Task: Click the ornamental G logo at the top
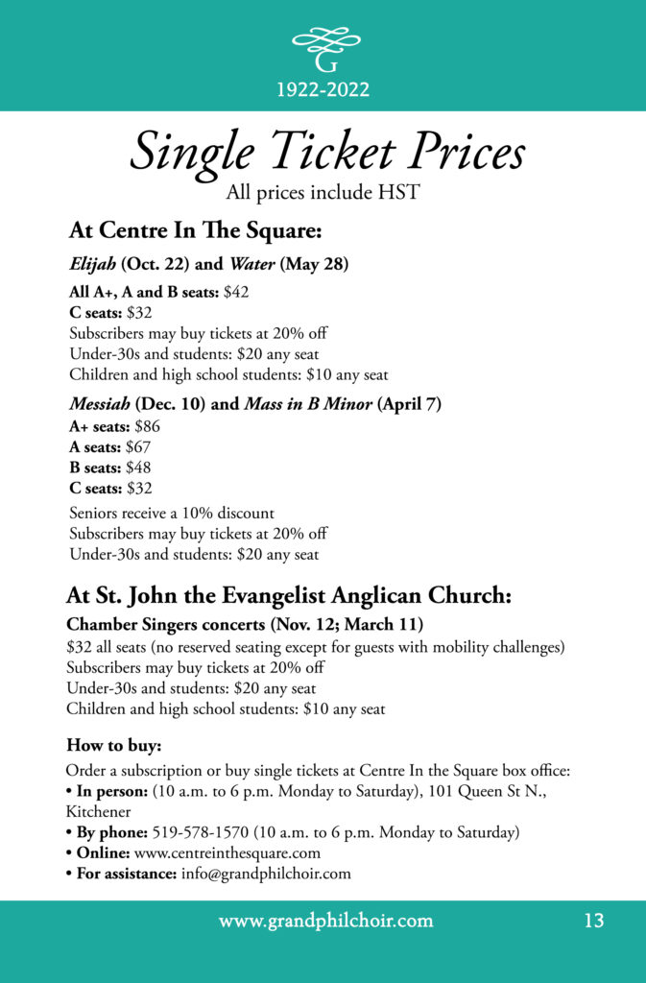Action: pyautogui.click(x=325, y=49)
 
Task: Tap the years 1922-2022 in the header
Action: pyautogui.click(x=323, y=90)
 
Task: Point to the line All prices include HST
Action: pyautogui.click(x=323, y=193)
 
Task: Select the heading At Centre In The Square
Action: pyautogui.click(x=195, y=231)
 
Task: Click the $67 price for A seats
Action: pyautogui.click(x=138, y=446)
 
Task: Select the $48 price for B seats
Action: pyautogui.click(x=138, y=468)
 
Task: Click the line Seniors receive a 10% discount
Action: pyautogui.click(x=172, y=514)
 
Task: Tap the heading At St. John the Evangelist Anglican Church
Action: pyautogui.click(x=288, y=595)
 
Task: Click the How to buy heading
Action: pyautogui.click(x=101, y=745)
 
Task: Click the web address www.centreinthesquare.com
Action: pyautogui.click(x=227, y=852)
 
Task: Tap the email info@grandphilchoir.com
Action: pyautogui.click(x=266, y=874)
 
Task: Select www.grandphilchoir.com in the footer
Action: pyautogui.click(x=325, y=922)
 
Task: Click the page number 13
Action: pyautogui.click(x=593, y=922)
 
